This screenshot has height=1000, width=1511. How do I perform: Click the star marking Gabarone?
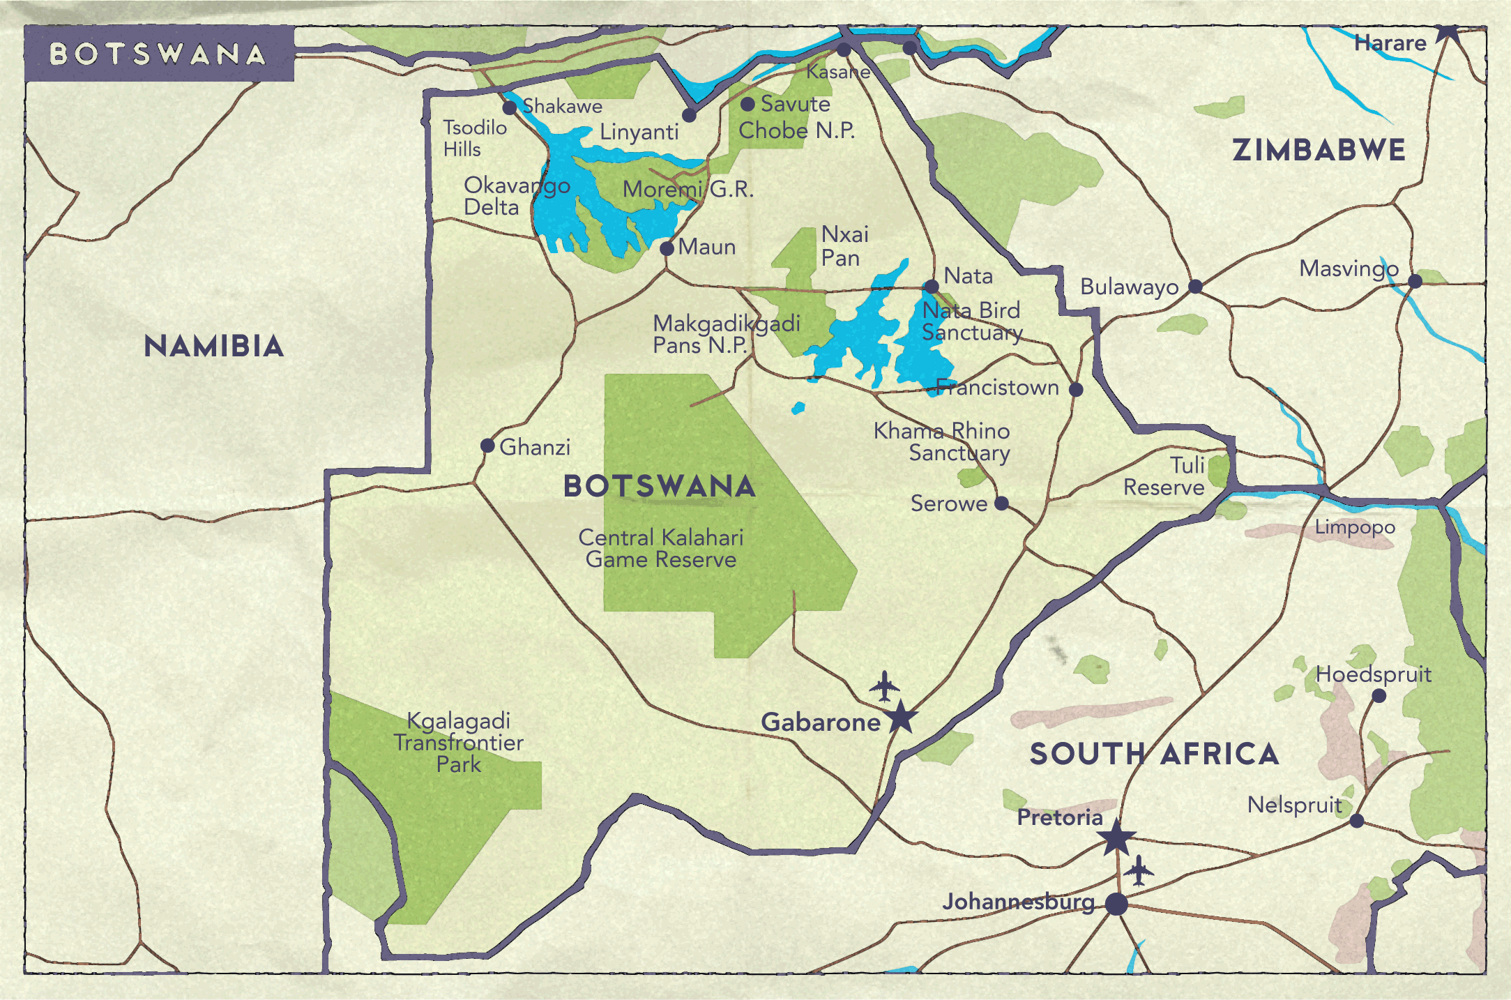click(901, 718)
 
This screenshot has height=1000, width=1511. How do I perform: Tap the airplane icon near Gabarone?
click(884, 686)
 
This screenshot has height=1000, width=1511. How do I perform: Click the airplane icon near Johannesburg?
click(1139, 870)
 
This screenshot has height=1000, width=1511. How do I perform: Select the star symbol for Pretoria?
click(1116, 838)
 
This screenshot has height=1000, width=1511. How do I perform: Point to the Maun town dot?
click(667, 248)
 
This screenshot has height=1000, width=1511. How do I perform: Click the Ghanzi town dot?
click(488, 446)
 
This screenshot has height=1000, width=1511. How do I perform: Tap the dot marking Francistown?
click(1076, 389)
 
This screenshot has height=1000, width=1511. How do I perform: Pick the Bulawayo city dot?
click(1195, 286)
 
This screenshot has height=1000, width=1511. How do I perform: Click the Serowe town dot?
click(1001, 503)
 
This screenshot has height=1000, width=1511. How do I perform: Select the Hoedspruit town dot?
click(1379, 695)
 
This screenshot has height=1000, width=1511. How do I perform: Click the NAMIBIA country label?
click(213, 346)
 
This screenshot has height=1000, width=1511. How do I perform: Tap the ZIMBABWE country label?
click(1319, 150)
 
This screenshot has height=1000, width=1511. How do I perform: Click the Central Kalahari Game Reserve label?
click(661, 548)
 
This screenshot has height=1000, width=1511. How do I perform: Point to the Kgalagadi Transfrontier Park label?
click(458, 742)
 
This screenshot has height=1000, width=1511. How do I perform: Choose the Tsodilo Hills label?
click(474, 138)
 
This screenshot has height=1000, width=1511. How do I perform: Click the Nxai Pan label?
click(844, 245)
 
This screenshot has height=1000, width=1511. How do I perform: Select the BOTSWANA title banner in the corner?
click(159, 54)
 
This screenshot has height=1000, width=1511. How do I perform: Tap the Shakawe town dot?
click(510, 107)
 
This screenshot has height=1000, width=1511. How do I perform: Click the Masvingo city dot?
click(1415, 281)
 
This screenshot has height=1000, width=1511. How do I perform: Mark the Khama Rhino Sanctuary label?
click(942, 441)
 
